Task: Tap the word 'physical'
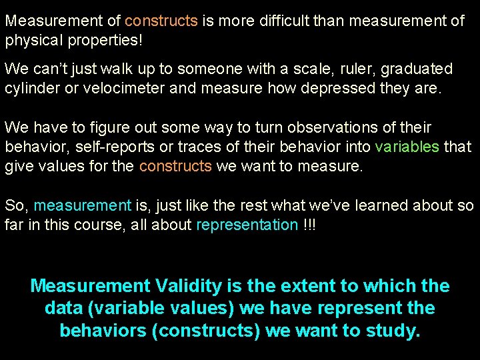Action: tap(33, 40)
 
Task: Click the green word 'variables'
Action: tap(407, 146)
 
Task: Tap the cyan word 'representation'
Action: tap(247, 224)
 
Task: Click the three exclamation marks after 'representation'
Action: tap(309, 224)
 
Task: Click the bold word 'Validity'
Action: tap(189, 287)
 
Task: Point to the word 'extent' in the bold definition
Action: tap(303, 287)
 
